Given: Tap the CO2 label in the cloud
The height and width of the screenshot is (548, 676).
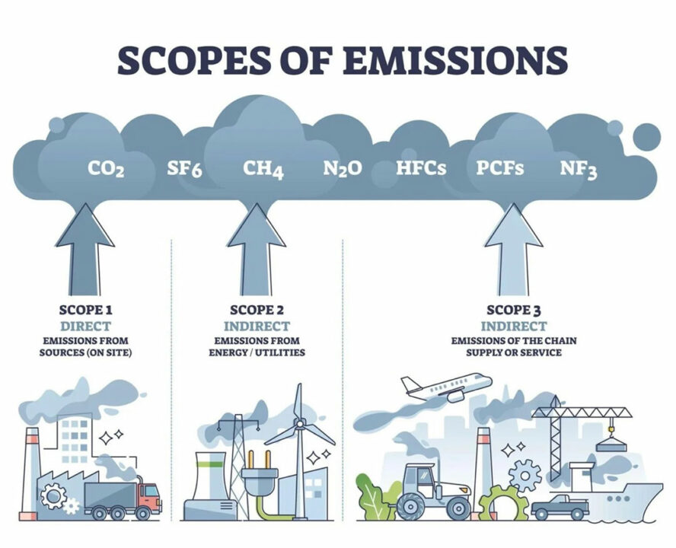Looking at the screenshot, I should tap(106, 167).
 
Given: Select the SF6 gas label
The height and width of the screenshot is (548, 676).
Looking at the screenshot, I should tap(184, 167).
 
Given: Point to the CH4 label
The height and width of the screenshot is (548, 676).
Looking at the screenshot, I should tap(263, 168).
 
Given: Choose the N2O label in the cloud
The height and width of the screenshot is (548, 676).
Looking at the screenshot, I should tap(342, 167).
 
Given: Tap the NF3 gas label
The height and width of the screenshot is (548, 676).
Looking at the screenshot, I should tap(579, 167).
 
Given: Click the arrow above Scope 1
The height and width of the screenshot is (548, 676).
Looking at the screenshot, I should tap(84, 247).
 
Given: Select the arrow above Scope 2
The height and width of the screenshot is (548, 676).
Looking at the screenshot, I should tap(256, 247).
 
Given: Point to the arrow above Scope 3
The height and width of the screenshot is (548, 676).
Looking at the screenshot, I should tap(513, 247).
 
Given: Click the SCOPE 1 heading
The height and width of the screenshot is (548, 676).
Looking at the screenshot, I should tap(84, 310).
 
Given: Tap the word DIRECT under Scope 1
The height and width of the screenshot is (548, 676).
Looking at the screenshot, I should tap(84, 325).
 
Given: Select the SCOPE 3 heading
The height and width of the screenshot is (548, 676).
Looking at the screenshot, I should tap(512, 310).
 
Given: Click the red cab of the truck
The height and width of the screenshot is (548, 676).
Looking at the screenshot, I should tap(150, 495).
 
